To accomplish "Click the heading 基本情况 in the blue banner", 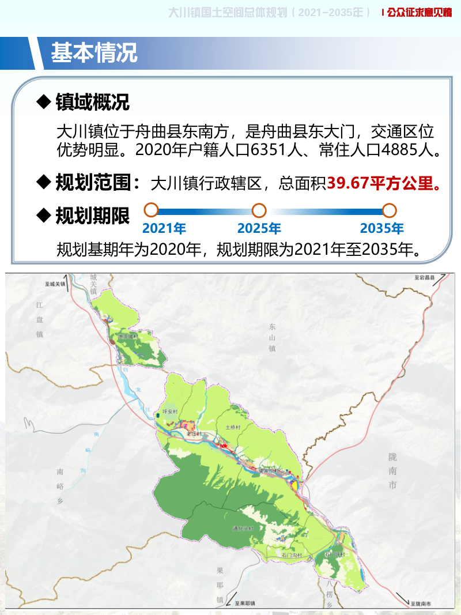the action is [94, 52].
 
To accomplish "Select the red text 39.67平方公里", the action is [384, 183].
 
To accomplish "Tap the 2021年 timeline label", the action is [164, 228].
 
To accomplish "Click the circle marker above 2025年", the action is [259, 210].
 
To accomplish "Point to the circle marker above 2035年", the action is [390, 210].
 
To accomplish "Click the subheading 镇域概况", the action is [92, 102].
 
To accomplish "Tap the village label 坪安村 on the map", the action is [172, 412].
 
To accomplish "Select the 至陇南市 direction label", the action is [424, 604].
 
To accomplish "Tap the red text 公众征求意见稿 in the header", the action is [420, 13].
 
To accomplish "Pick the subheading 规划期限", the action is [92, 216].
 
